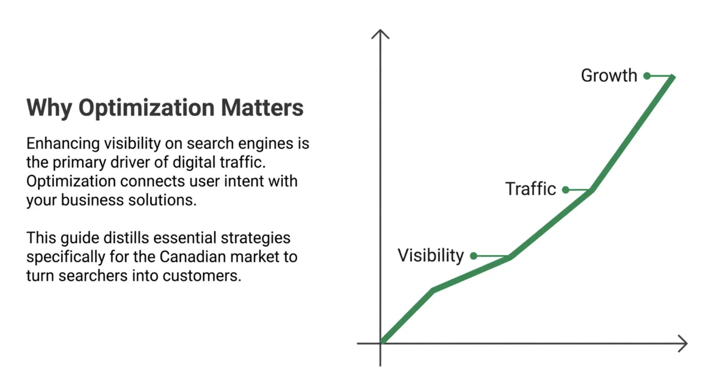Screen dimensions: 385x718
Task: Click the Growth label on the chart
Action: coord(609,76)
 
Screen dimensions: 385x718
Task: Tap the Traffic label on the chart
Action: coord(530,189)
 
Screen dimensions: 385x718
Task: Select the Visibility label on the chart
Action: coord(431,255)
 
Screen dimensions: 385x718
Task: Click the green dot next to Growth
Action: coord(647,76)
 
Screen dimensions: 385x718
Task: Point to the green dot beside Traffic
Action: coord(566,190)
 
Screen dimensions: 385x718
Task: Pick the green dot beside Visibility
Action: coord(474,256)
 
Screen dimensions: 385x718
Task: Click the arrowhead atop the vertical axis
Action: coord(380,32)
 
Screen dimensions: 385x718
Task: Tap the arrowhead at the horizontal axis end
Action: coord(685,344)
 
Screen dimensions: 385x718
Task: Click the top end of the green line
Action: coord(673,77)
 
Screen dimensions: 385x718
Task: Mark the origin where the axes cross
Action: coord(381,343)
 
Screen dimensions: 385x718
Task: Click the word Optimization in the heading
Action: coord(146,108)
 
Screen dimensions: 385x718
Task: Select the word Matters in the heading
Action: coord(262,108)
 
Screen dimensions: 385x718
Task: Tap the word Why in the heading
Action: coord(49,108)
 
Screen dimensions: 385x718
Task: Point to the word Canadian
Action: coord(193,257)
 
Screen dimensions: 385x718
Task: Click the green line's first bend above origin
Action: coord(433,290)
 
